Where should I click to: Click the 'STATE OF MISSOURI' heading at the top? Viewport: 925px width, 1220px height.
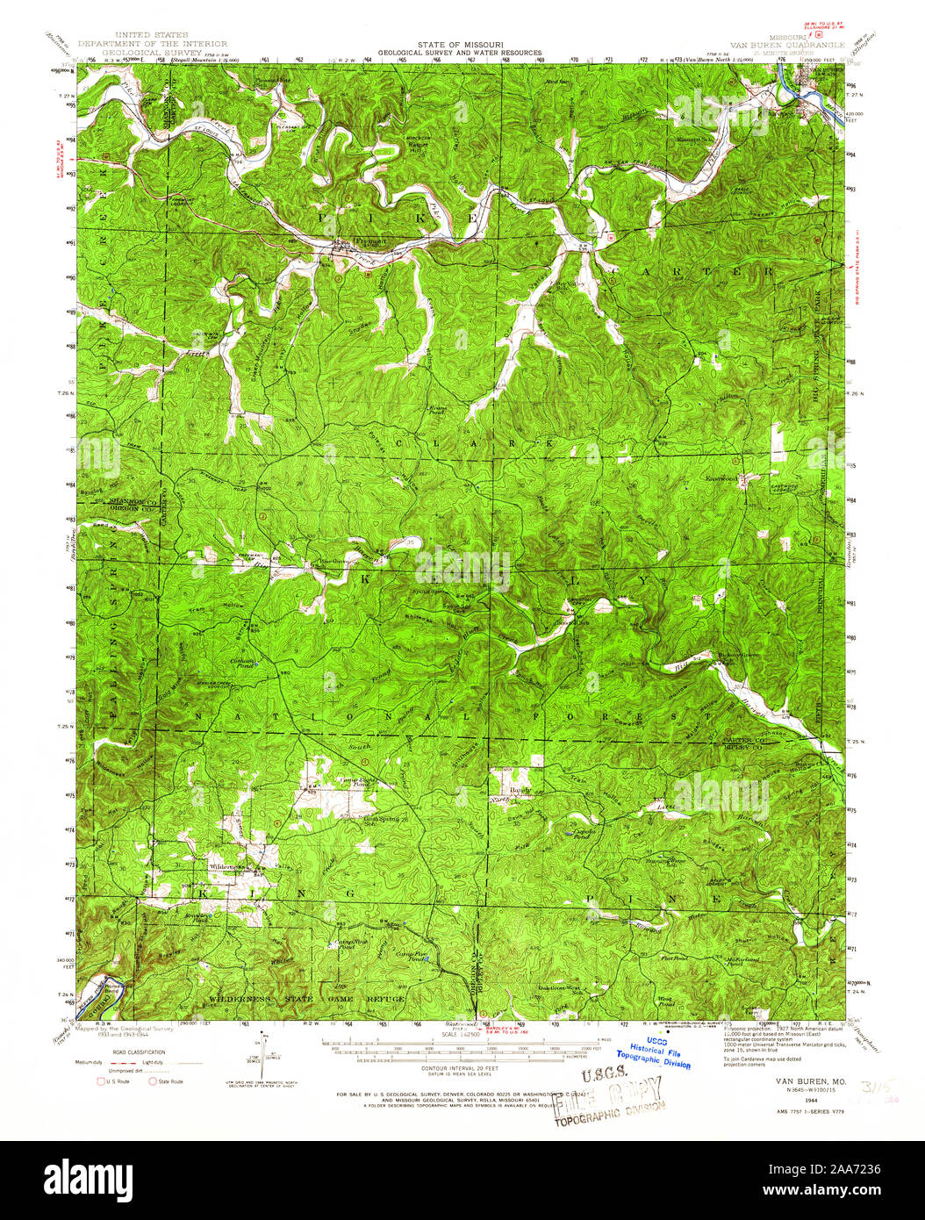(x=461, y=44)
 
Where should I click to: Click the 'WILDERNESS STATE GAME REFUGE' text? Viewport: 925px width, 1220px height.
(x=307, y=999)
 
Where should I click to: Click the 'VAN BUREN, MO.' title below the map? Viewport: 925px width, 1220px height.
(x=810, y=1081)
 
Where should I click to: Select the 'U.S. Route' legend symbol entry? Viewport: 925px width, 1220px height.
(x=113, y=1081)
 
